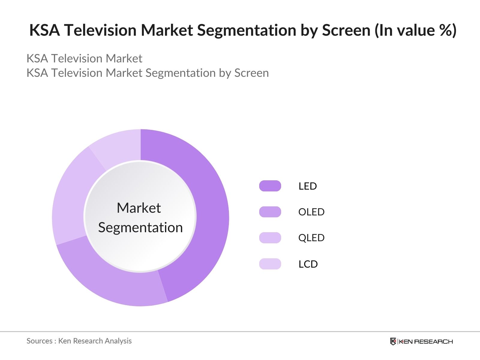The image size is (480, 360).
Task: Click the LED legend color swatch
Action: tap(270, 186)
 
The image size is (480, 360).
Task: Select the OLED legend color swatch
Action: tap(270, 212)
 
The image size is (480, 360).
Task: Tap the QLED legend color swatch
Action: tap(270, 238)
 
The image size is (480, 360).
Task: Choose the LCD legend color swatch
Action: tap(270, 264)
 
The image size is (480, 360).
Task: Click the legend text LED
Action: tap(307, 186)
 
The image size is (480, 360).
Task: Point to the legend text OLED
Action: tap(311, 212)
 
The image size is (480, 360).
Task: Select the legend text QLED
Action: tap(311, 238)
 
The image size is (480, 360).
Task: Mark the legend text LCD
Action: tap(308, 264)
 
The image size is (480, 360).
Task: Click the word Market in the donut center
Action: tap(139, 208)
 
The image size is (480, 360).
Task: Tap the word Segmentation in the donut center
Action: tap(140, 227)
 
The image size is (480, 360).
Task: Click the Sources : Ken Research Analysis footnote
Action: tap(79, 341)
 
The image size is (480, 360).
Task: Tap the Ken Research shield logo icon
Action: tap(393, 341)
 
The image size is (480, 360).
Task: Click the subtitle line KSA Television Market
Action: tap(84, 58)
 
